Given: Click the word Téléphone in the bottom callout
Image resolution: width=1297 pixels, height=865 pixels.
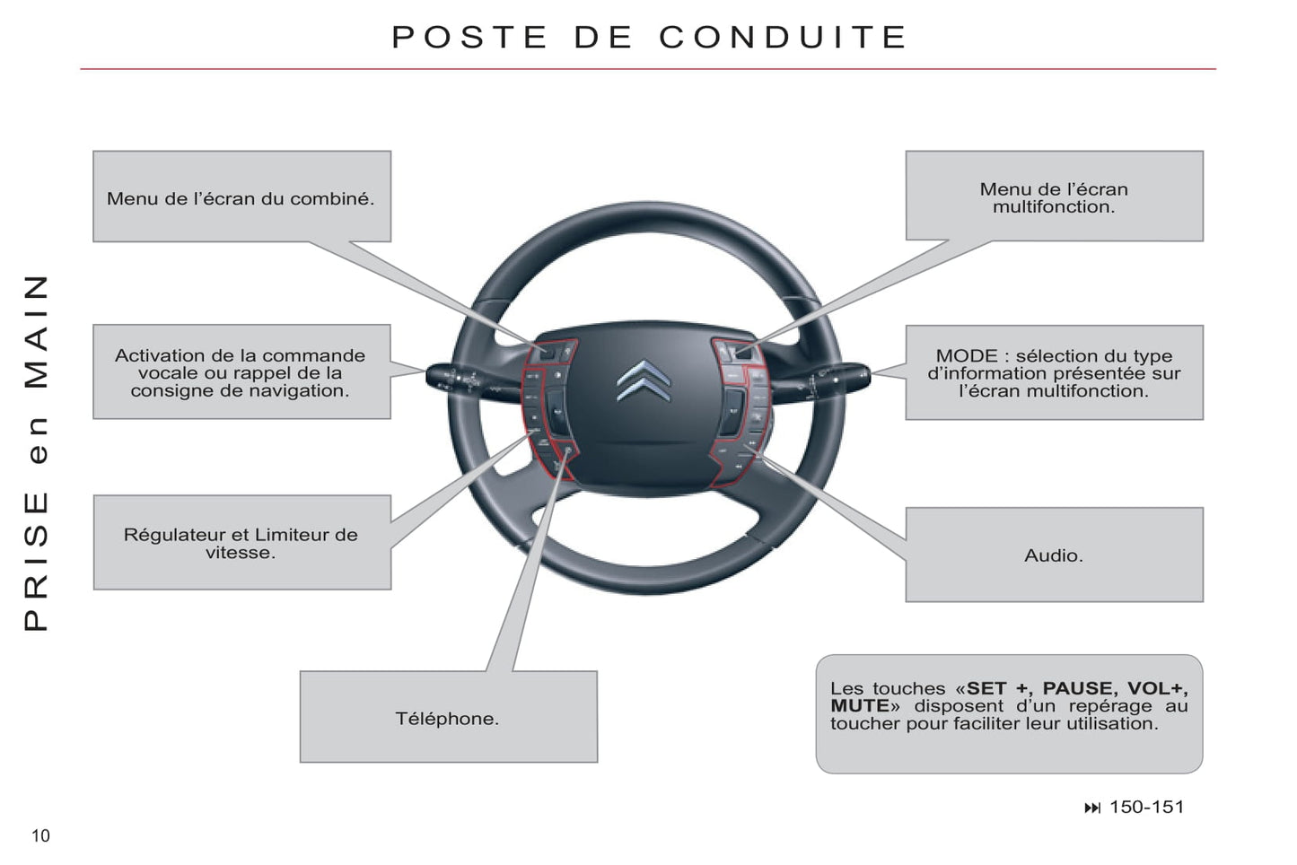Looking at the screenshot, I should [x=446, y=719].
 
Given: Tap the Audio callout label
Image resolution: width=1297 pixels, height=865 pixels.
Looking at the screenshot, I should [x=1053, y=555].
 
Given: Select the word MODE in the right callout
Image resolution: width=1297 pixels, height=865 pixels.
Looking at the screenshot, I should [x=966, y=356].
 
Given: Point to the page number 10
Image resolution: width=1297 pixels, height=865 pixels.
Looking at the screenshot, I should [x=40, y=836].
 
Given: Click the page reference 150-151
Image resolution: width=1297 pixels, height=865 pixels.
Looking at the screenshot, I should [x=1146, y=807].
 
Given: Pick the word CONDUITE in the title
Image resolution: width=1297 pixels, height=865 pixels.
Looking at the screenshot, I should [x=783, y=37].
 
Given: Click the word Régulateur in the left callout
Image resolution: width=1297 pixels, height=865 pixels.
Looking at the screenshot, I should [x=173, y=535].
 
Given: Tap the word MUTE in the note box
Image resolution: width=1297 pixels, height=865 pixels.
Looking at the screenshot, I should [x=858, y=706].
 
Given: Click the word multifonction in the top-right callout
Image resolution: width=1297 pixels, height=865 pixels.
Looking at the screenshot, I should [x=1052, y=207].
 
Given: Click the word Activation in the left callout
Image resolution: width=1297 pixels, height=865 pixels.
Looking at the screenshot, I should [x=158, y=356].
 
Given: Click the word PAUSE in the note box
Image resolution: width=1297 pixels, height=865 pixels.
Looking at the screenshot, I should [x=1078, y=688].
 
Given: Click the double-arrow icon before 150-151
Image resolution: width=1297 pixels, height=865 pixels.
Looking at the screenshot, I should [x=1091, y=808].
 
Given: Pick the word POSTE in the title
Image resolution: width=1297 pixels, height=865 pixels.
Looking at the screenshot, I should [x=469, y=37].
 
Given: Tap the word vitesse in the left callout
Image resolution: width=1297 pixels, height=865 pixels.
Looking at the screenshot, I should [x=240, y=553].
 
